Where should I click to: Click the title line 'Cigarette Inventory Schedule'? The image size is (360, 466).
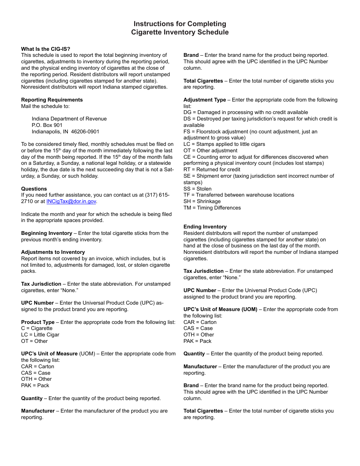180,32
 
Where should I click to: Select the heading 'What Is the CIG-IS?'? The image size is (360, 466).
45,49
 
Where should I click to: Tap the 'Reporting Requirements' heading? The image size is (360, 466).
52,100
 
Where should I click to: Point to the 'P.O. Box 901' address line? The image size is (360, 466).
47,125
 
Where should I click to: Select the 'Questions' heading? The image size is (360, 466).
34,189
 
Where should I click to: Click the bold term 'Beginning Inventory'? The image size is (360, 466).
47,233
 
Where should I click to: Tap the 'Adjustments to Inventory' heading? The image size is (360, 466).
53,252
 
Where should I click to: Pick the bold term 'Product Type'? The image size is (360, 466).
38,322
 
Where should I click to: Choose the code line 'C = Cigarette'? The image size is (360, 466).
37,328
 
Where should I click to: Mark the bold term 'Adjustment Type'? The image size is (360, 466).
205,100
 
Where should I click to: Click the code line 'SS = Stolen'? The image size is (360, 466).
197,189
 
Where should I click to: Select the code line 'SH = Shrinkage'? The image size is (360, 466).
202,201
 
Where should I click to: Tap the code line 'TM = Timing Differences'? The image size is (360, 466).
212,208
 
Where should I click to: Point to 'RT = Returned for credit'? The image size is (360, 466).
212,169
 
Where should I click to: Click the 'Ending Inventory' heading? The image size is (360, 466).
205,227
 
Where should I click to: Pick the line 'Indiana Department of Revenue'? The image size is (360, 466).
69,119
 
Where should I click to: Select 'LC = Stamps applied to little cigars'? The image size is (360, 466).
224,144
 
